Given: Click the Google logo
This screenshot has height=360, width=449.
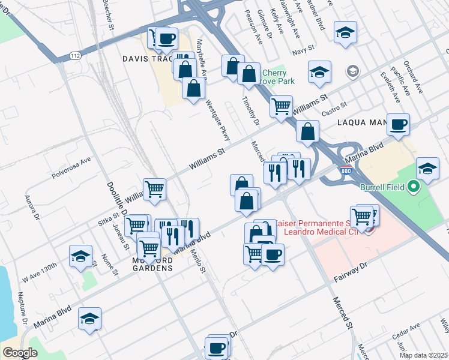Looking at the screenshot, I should [20, 353].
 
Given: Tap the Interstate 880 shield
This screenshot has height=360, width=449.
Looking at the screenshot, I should [346, 170].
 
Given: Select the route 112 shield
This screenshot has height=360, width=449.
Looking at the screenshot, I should [75, 56].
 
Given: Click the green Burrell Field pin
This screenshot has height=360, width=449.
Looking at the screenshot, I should [412, 187].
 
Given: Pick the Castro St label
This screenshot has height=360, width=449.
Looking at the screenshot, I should [336, 107].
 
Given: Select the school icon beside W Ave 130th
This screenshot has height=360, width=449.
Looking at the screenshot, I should [80, 257].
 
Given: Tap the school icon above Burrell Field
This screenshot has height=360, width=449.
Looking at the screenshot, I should [427, 169].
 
